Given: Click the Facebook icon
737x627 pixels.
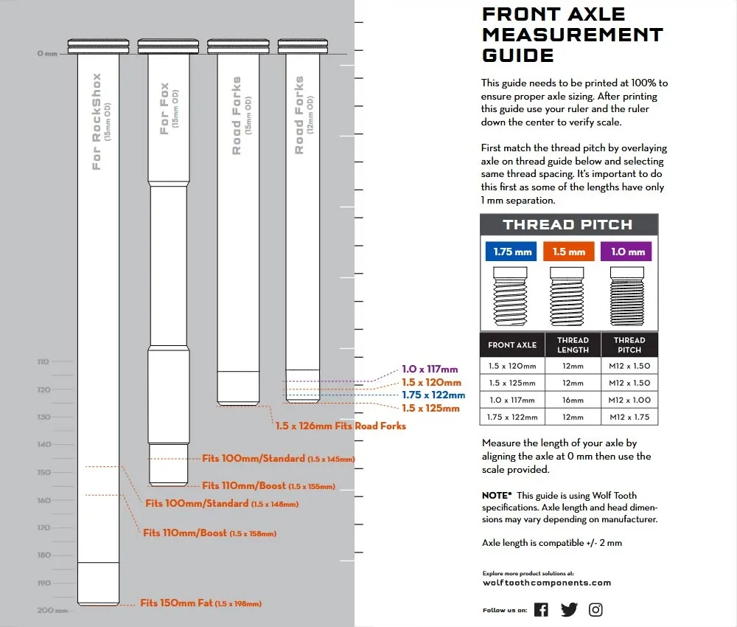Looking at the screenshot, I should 541,609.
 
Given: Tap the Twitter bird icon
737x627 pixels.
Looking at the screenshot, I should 569,609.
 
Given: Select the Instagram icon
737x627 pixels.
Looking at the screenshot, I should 595,609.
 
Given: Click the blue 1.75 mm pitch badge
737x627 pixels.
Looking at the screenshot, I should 513,252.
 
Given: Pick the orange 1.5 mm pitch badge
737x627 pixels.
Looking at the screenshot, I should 568,252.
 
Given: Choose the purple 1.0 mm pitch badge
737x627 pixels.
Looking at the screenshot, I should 627,252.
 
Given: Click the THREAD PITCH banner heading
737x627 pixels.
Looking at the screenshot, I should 568,225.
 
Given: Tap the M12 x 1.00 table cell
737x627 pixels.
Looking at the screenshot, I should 629,400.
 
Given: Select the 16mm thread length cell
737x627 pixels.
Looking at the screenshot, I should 572,400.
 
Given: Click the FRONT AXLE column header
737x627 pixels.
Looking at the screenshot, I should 512,344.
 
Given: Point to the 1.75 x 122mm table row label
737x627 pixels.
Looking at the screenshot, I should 512,417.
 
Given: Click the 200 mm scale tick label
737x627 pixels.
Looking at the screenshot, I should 46,610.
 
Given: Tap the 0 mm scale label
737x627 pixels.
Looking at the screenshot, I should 46,54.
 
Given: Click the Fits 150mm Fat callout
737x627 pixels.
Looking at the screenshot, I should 200,603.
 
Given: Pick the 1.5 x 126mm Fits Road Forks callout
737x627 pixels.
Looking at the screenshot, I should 340,426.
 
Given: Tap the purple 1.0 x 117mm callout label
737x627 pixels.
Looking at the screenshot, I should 430,370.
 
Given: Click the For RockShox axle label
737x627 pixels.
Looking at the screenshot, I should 97,122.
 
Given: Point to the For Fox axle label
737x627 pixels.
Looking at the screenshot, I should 165,108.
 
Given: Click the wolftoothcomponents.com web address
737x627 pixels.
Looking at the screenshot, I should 546,583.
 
